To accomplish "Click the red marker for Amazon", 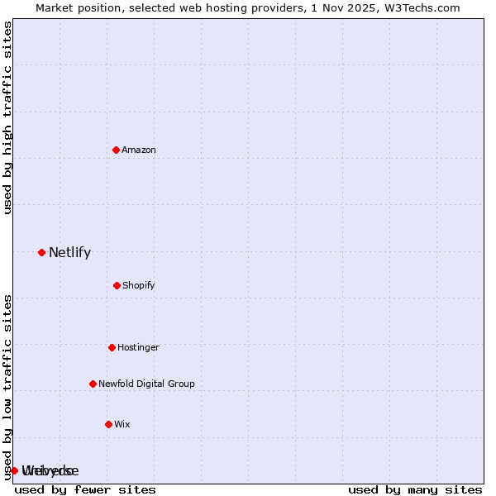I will (x=116, y=150).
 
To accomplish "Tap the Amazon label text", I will (x=139, y=150).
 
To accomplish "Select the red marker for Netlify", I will (x=41, y=252).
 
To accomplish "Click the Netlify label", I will (x=69, y=253).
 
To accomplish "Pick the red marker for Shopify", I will (x=117, y=285).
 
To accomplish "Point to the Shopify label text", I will (x=139, y=285).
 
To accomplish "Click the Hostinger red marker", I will (x=112, y=347).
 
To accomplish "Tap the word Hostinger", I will (x=138, y=347).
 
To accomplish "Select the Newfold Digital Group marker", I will (x=93, y=384).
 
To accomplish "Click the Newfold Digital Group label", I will (x=146, y=384).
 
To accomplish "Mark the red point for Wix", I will (x=108, y=424).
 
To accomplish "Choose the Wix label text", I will (x=122, y=424).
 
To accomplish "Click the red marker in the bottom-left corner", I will (x=14, y=470).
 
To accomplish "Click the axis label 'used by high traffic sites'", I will (x=8, y=117).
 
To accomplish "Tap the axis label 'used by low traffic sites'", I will (x=8, y=386).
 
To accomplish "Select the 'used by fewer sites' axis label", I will (x=85, y=489).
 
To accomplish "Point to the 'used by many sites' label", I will (x=415, y=489).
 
